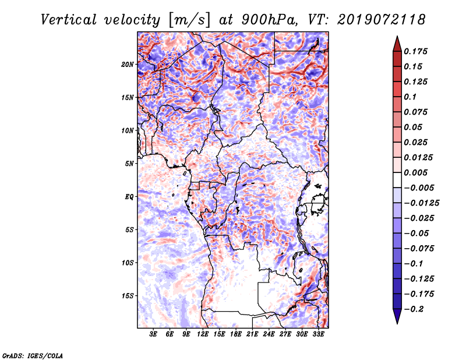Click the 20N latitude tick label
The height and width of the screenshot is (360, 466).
[127, 65]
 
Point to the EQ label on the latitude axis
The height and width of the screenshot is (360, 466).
[129, 197]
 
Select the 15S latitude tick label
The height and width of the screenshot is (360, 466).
[127, 296]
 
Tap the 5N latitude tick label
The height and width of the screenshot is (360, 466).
[129, 164]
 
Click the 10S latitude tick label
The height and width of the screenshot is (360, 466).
[127, 263]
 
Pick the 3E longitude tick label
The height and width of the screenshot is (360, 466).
[153, 334]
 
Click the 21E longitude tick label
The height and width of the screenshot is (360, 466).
[252, 334]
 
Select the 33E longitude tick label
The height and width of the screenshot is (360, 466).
[318, 334]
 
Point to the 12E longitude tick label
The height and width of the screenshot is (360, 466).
[203, 334]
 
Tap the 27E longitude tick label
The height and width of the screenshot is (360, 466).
[285, 334]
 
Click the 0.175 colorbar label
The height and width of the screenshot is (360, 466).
[415, 51]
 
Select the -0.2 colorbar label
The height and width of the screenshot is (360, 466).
[414, 309]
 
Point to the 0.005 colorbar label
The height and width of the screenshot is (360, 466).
[415, 172]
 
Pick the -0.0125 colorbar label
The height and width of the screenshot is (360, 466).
[421, 203]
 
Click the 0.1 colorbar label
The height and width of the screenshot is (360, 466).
[410, 97]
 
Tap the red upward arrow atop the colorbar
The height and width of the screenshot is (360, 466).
[397, 44]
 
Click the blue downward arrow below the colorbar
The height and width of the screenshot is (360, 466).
[397, 316]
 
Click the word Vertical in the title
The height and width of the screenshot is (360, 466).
[69, 20]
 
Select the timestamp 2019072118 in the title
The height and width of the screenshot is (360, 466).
[382, 20]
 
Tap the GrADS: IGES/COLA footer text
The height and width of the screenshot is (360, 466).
[33, 356]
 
